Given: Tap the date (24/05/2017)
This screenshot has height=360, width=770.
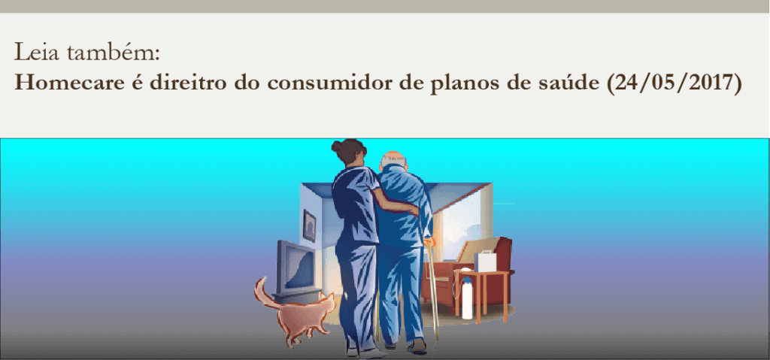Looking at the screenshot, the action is pyautogui.click(x=675, y=83).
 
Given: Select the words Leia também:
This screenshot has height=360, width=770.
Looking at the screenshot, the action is pyautogui.click(x=87, y=52).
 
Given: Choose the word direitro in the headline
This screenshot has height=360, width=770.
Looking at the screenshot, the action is pyautogui.click(x=189, y=83).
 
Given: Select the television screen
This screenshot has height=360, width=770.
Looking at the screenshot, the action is pyautogui.click(x=299, y=268).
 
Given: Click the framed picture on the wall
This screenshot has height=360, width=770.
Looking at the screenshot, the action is pyautogui.click(x=309, y=225).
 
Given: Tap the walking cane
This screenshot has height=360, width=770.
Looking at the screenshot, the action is pyautogui.click(x=432, y=290).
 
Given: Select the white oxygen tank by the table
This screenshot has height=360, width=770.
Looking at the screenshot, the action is pyautogui.click(x=467, y=298).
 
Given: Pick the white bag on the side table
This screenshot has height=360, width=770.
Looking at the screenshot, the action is pyautogui.click(x=485, y=261).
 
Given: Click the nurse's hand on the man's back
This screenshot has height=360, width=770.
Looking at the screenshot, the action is pyautogui.click(x=414, y=210).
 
